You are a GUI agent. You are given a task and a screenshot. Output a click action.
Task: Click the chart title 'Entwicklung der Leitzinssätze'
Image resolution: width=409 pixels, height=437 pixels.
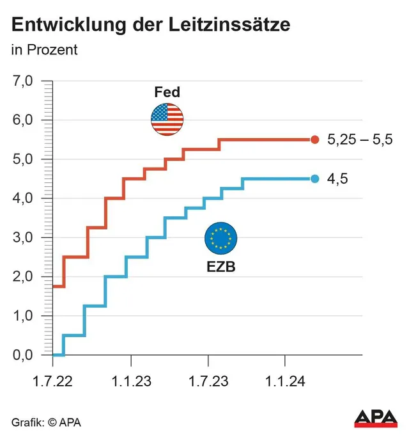[150, 26]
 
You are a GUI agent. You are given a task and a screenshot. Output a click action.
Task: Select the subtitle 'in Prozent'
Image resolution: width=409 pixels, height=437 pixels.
[45, 50]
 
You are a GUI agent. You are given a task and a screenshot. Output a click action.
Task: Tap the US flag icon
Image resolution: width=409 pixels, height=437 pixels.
[167, 119]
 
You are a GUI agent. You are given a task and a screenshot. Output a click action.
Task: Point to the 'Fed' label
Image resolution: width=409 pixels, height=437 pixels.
[167, 92]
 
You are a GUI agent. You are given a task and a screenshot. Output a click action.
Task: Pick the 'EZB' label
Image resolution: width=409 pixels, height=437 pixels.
[220, 267]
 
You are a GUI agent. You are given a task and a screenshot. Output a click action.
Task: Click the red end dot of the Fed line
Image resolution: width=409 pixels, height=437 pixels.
[314, 139]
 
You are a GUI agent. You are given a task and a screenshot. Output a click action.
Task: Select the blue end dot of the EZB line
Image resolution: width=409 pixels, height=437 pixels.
[314, 179]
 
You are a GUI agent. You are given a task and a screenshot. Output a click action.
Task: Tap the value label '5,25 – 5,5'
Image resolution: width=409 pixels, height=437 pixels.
[360, 140]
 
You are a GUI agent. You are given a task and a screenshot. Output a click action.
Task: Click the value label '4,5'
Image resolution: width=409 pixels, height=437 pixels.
[337, 179]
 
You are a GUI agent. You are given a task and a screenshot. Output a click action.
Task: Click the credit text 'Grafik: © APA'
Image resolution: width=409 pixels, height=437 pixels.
[46, 422]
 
